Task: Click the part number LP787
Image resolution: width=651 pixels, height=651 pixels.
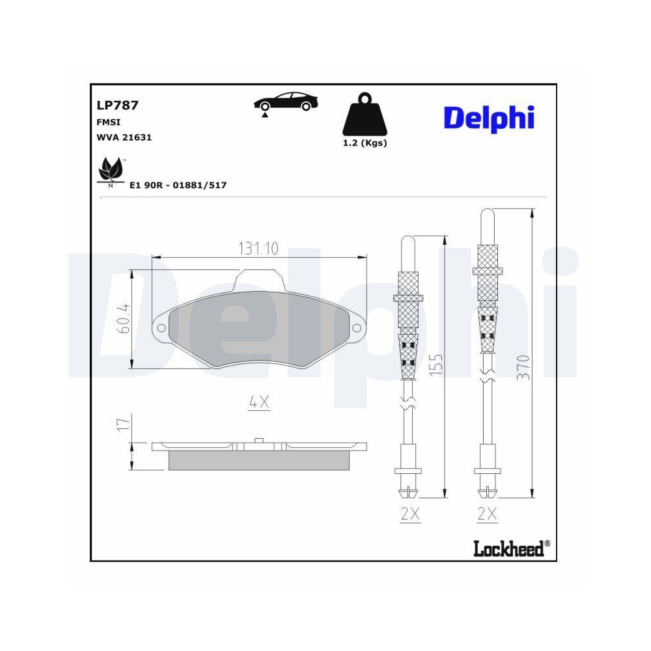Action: (x=117, y=105)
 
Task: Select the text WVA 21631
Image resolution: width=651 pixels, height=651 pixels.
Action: (x=120, y=137)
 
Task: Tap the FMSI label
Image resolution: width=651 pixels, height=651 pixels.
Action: (x=108, y=122)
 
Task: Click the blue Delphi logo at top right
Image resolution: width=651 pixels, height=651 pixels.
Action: (x=489, y=118)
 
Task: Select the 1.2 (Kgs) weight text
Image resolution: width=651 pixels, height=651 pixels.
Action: (x=365, y=143)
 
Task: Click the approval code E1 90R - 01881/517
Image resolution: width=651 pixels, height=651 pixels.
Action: (x=178, y=186)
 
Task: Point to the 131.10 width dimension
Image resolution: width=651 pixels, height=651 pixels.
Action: (x=258, y=248)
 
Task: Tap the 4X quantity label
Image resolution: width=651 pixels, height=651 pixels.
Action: (x=259, y=402)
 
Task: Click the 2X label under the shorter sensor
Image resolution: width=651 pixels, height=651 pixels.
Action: (x=410, y=515)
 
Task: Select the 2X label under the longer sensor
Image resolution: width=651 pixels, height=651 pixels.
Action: (x=487, y=515)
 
